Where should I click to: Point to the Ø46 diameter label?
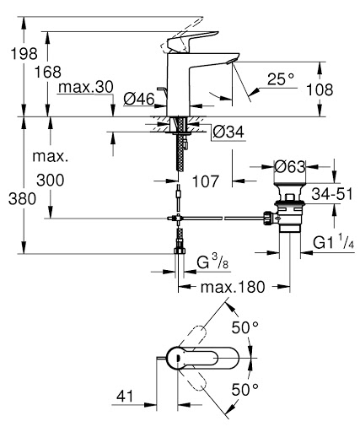click(x=138, y=100)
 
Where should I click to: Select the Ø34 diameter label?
click(x=228, y=132)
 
